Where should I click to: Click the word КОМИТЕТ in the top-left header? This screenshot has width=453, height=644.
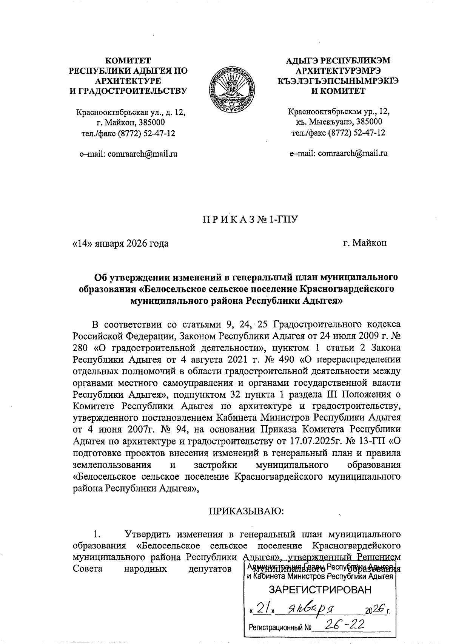128,60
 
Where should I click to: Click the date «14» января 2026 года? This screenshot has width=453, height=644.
120,243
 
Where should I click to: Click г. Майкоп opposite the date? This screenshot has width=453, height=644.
365,243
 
